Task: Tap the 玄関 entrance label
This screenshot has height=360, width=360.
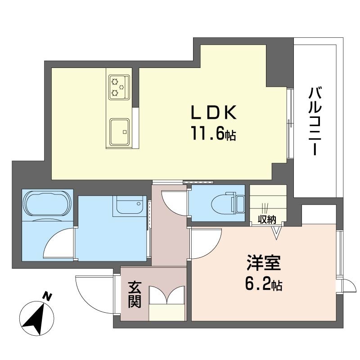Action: (134, 295)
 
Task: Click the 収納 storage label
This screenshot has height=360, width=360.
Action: (266, 220)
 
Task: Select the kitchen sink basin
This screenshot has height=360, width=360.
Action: (119, 132)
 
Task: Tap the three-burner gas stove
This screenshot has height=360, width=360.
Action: (119, 87)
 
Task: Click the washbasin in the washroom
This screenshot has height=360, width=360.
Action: (130, 205)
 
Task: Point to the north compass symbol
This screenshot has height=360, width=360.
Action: (37, 318)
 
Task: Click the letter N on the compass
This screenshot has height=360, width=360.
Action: (48, 297)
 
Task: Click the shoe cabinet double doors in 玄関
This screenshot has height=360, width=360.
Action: (167, 295)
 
